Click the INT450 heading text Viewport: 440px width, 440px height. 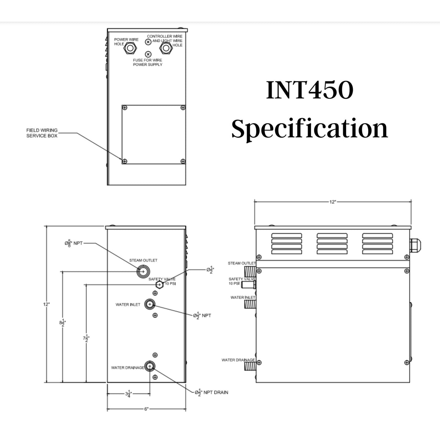coord(309,91)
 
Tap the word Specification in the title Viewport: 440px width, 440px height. coord(309,129)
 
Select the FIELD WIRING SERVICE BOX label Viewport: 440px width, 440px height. coord(42,133)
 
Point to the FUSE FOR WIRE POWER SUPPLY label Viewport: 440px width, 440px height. coord(147,62)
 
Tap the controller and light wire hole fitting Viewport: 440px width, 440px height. coord(165,48)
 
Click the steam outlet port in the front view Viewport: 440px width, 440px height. coord(143,271)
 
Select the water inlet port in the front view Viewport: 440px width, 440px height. coord(150,304)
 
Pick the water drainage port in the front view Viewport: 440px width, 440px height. coord(150,366)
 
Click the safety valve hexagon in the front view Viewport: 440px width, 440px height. coord(159,285)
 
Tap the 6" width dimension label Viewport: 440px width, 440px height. coord(146,409)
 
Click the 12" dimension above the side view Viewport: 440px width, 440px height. coord(332,202)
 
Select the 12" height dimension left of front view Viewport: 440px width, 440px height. coord(47,304)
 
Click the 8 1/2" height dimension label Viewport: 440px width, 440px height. coord(63,322)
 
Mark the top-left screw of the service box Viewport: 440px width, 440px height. coord(125,108)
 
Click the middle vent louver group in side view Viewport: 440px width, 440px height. coord(333,243)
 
